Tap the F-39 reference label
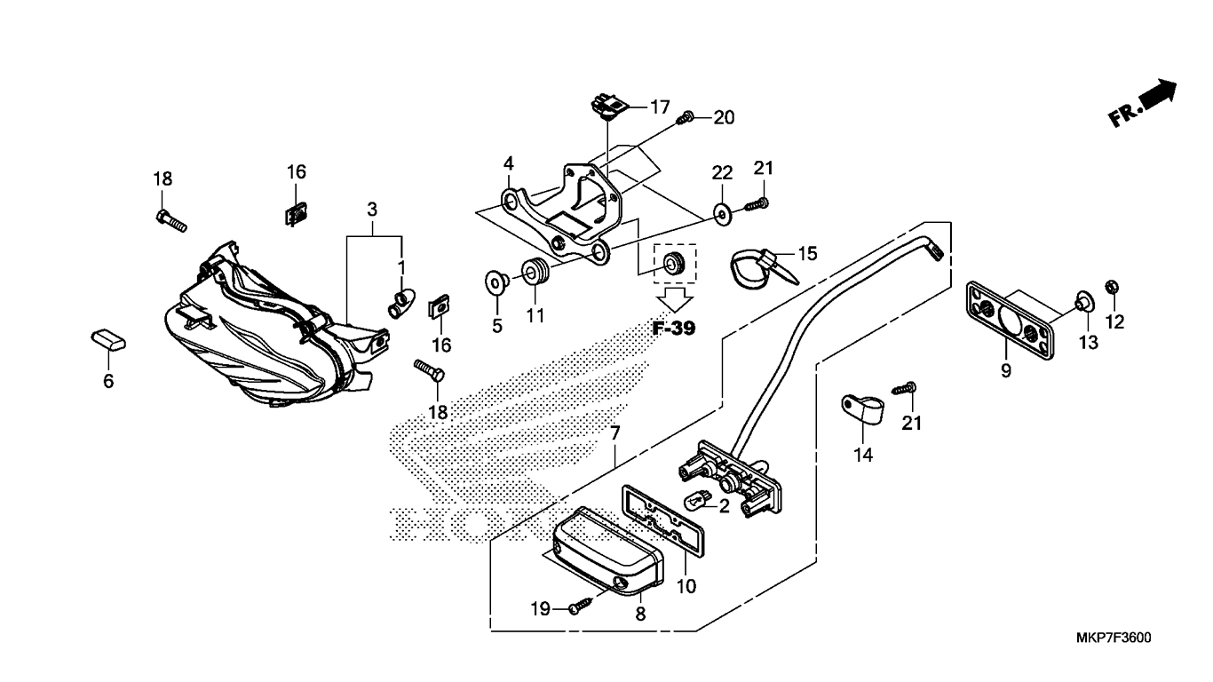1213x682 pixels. coord(674,329)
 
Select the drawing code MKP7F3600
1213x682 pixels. coord(1114,638)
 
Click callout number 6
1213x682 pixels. coord(108,381)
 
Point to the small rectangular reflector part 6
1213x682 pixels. coord(108,340)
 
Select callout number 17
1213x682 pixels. coord(660,107)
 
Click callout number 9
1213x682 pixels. coord(1005,371)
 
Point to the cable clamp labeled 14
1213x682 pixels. coord(862,409)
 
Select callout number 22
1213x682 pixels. coord(723,173)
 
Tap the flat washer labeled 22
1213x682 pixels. coord(721,215)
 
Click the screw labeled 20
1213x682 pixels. coord(686,117)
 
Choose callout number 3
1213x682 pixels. coord(372,209)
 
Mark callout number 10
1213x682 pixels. coord(686,586)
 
